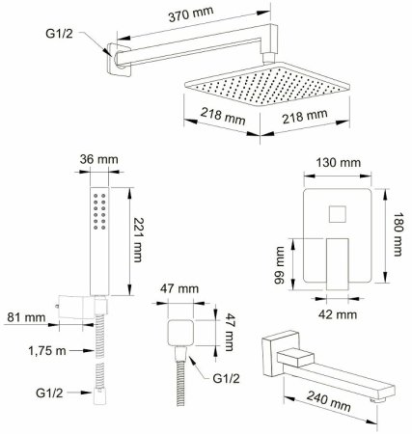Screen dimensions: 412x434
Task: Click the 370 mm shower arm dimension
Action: click(191, 14)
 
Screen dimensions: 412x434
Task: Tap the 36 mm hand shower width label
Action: click(98, 159)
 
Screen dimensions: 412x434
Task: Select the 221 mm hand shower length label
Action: click(138, 240)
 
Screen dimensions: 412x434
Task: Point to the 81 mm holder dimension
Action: click(26, 317)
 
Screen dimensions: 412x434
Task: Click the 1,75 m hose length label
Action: click(47, 350)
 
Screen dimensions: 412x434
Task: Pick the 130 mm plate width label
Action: click(338, 163)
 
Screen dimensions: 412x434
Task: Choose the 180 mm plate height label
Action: click(398, 234)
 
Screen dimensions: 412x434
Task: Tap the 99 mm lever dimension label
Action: click(279, 265)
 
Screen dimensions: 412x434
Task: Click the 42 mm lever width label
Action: click(338, 314)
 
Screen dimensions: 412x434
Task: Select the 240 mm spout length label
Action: click(328, 401)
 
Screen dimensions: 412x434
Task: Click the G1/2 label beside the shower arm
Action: click(59, 34)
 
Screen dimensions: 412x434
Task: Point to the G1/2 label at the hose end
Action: click(49, 393)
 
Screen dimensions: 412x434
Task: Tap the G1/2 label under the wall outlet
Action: click(227, 379)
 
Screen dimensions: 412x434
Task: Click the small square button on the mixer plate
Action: click(338, 214)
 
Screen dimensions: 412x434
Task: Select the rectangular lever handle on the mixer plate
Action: click(338, 264)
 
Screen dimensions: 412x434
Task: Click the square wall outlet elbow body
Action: click(180, 333)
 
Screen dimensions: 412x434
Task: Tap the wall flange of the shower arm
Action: click(118, 60)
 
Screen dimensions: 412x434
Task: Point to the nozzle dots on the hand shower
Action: click(99, 211)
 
